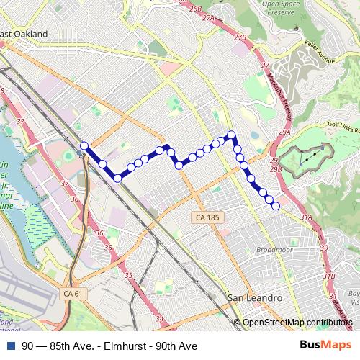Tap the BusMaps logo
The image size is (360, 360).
(x=325, y=346)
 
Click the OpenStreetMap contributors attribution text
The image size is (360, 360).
(x=297, y=322)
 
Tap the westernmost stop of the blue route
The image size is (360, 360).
(x=84, y=146)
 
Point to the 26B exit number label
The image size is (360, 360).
(x=195, y=9)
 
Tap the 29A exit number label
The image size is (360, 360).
(x=284, y=133)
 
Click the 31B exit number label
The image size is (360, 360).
(x=330, y=275)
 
